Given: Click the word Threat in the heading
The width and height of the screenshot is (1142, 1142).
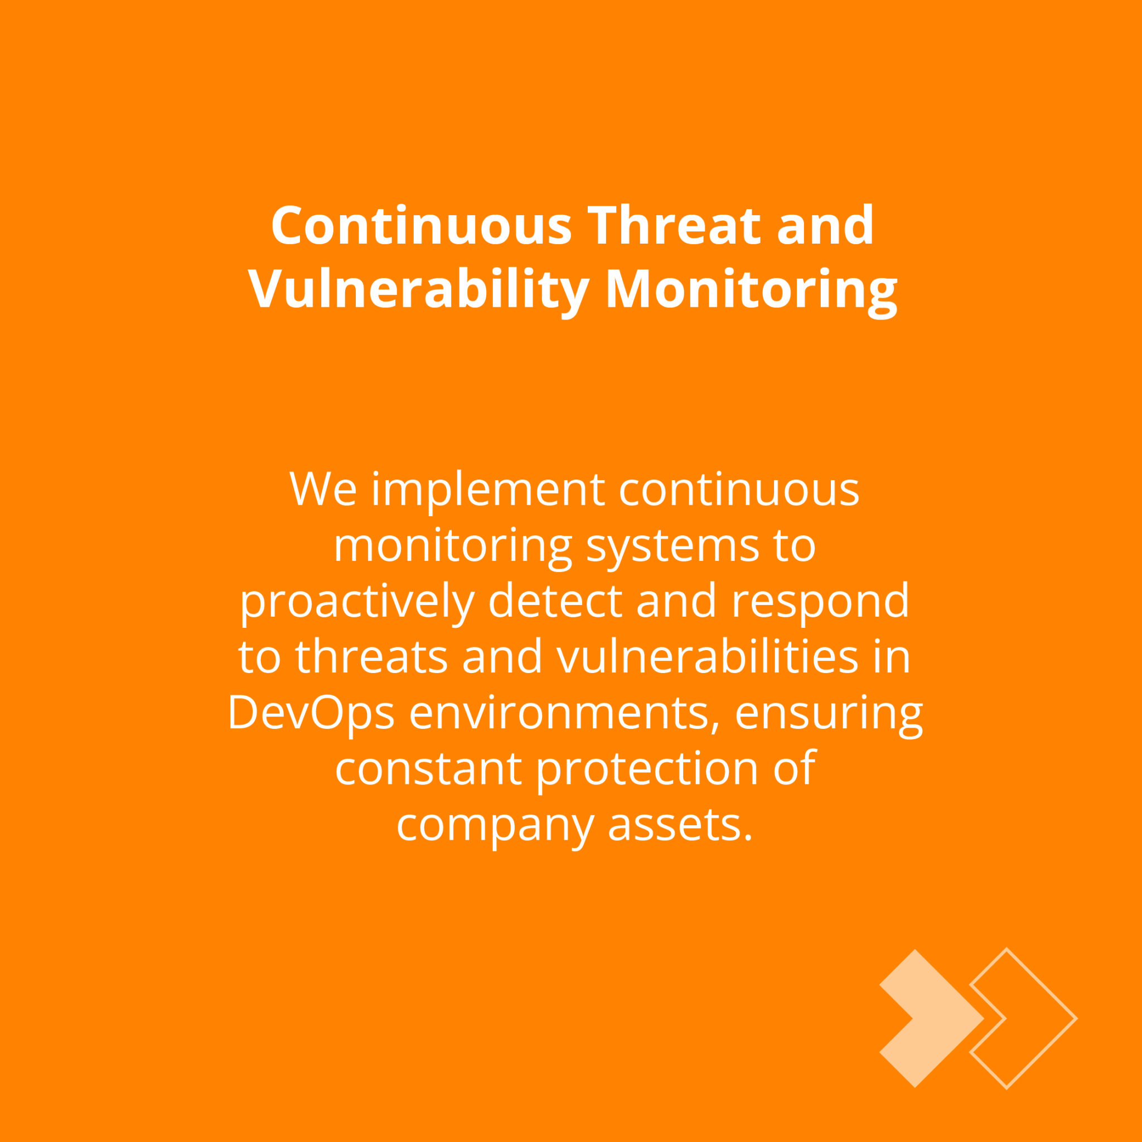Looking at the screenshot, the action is [674, 225].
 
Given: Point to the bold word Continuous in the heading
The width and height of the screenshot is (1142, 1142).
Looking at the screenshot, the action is [422, 225].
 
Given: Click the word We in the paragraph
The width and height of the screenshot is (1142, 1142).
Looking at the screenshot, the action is [323, 490].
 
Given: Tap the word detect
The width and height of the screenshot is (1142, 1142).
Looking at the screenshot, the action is [555, 601].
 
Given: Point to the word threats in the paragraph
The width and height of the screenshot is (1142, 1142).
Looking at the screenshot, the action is [372, 656].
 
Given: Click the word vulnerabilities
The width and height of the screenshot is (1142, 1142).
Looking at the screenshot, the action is [708, 656].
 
